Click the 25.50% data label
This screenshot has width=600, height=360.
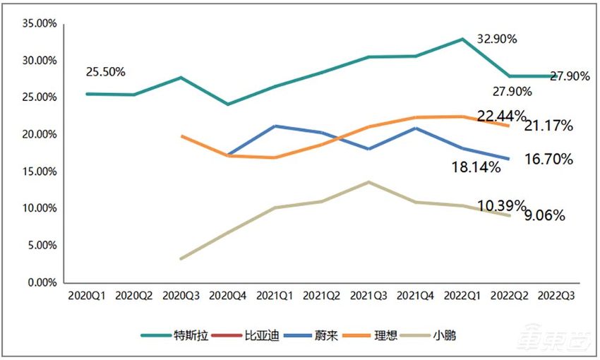105,72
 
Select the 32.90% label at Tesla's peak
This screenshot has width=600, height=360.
497,40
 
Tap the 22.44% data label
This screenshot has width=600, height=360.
501,115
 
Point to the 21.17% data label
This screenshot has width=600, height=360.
548,126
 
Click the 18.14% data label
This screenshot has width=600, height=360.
476,167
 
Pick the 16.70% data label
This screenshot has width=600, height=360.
548,160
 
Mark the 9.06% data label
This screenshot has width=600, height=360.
544,217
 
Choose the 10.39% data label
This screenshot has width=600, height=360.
501,205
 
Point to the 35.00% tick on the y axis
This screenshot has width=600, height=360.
40,23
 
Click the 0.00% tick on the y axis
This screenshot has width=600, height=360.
42,282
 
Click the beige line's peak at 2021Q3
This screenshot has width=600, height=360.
368,182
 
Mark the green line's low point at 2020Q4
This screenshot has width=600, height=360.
227,104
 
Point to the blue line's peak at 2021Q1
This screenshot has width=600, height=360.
274,126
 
